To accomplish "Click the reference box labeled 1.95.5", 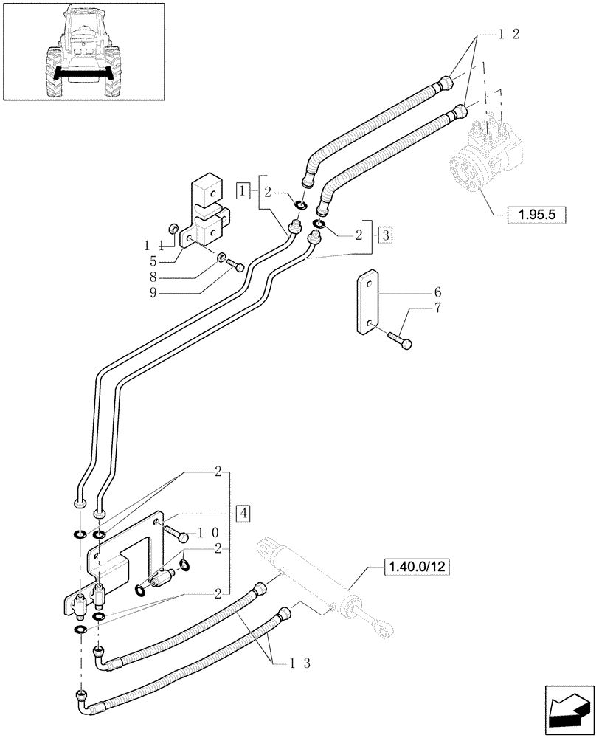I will click(536, 215).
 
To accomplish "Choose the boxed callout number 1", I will click(243, 191).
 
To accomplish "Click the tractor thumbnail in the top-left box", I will click(82, 52).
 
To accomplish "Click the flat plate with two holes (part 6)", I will click(367, 303).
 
